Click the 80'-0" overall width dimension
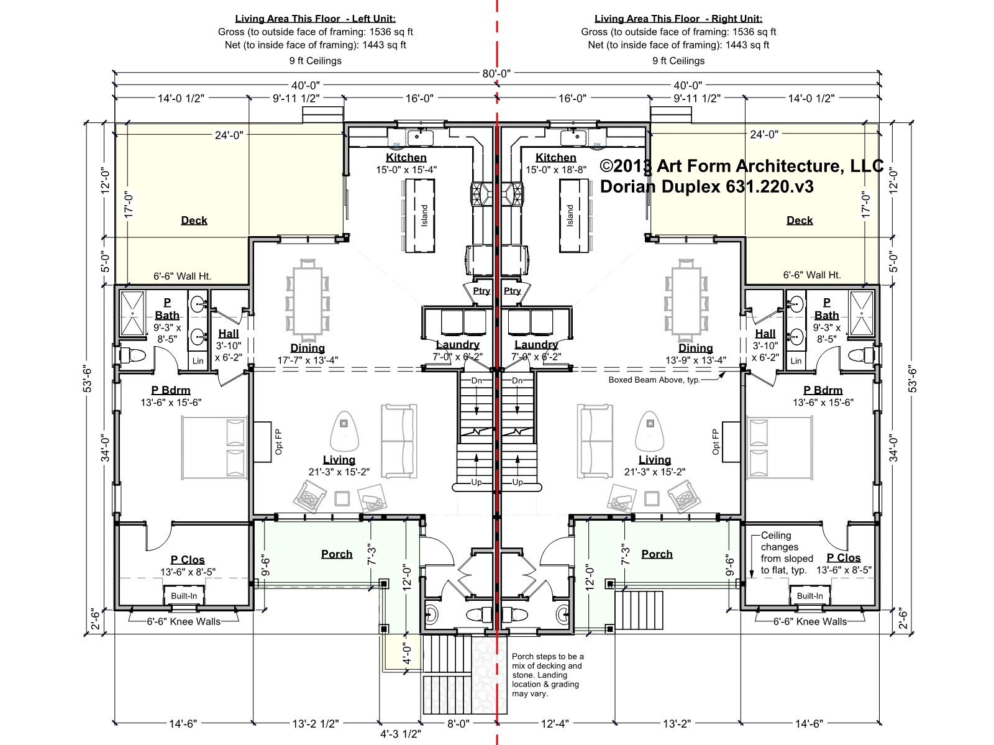pyautogui.click(x=496, y=73)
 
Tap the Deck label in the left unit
pyautogui.click(x=194, y=221)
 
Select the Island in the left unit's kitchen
pyautogui.click(x=420, y=216)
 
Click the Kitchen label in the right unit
pyautogui.click(x=555, y=158)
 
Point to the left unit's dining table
pyautogui.click(x=308, y=301)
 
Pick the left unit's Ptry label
pyautogui.click(x=481, y=291)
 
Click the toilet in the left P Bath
pyautogui.click(x=133, y=355)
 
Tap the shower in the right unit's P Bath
pyautogui.click(x=861, y=313)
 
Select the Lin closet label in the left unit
pyautogui.click(x=198, y=361)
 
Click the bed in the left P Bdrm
pyautogui.click(x=215, y=447)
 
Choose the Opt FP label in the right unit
pyautogui.click(x=716, y=442)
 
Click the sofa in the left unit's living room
pyautogui.click(x=398, y=441)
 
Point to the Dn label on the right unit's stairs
pyautogui.click(x=517, y=381)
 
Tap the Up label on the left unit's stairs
pyautogui.click(x=476, y=482)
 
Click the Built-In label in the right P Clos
pyautogui.click(x=809, y=596)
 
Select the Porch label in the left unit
pyautogui.click(x=337, y=554)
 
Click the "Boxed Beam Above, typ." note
pyautogui.click(x=654, y=380)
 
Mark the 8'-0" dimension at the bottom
pyautogui.click(x=458, y=724)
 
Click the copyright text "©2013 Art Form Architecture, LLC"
pyautogui.click(x=741, y=166)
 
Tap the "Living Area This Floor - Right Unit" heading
pyautogui.click(x=678, y=19)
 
